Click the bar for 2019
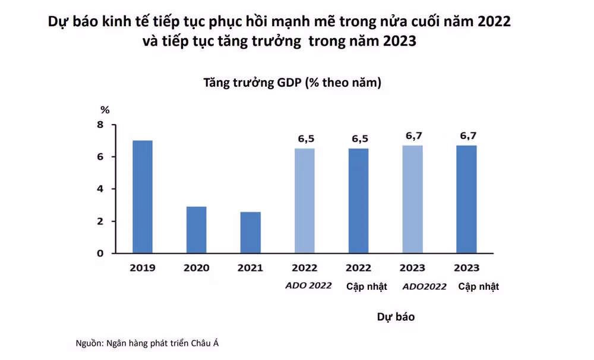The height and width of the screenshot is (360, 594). click(x=143, y=197)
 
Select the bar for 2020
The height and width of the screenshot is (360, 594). click(x=196, y=230)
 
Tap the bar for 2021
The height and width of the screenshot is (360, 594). click(x=251, y=232)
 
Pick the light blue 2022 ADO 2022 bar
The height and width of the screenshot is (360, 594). click(x=305, y=201)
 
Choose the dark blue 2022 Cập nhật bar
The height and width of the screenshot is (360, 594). click(x=358, y=201)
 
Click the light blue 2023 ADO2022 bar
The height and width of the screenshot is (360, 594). click(x=413, y=200)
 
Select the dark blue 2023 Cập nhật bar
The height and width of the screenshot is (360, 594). click(x=467, y=200)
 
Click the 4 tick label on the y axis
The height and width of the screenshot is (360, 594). click(x=100, y=189)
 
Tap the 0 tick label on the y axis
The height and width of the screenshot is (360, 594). click(x=100, y=253)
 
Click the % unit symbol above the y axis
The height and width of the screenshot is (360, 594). click(x=105, y=110)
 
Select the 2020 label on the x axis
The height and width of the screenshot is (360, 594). click(x=196, y=268)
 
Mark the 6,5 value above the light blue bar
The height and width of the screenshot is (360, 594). click(x=306, y=139)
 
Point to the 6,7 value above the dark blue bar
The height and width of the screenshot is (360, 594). click(x=468, y=135)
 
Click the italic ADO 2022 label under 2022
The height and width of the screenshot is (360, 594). click(x=308, y=285)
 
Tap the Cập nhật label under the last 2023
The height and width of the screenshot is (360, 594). click(x=478, y=286)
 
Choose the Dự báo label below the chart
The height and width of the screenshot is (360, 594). click(x=396, y=317)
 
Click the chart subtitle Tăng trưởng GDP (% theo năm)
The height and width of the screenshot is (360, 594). click(x=292, y=83)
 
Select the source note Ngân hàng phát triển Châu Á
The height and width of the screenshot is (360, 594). click(x=163, y=343)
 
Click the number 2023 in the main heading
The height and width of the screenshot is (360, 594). click(x=400, y=41)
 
